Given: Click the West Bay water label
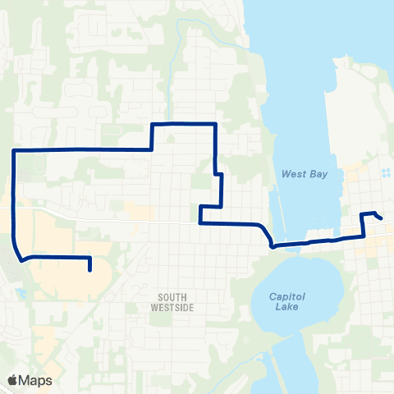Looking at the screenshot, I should (299, 174).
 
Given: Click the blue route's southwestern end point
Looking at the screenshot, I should (89, 269).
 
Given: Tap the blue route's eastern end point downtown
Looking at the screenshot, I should (382, 218).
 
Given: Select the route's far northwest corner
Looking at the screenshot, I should (13, 150).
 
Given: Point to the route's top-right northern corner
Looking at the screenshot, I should (215, 123).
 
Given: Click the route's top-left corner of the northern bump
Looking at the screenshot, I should (153, 124).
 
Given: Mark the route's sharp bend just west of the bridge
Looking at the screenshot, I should (272, 244).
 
